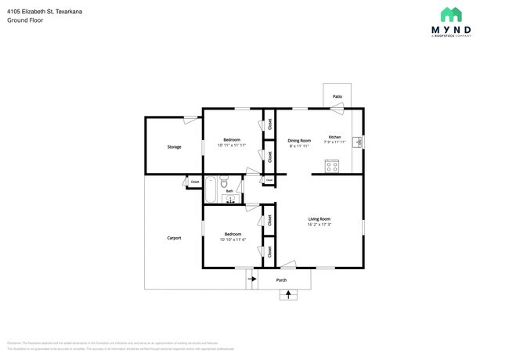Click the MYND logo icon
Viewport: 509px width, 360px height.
coord(450,15)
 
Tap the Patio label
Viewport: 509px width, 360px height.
coord(337,96)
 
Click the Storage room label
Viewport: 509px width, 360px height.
coord(174,146)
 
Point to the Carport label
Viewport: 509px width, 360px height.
coord(174,237)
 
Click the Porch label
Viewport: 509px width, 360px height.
coord(281,279)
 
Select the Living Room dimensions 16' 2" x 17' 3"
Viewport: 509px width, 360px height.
coord(319,225)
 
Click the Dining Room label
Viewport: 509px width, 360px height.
coord(299,140)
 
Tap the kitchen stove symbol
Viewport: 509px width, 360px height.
coord(331,166)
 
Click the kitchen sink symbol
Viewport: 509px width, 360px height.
coord(357,142)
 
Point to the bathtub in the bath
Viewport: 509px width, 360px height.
coord(212,190)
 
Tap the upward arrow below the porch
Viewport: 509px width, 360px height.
coord(290,294)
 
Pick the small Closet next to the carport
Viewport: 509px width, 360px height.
coord(195,182)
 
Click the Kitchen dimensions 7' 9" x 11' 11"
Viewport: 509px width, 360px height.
coord(334,142)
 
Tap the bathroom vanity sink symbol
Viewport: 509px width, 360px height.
coord(230,200)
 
